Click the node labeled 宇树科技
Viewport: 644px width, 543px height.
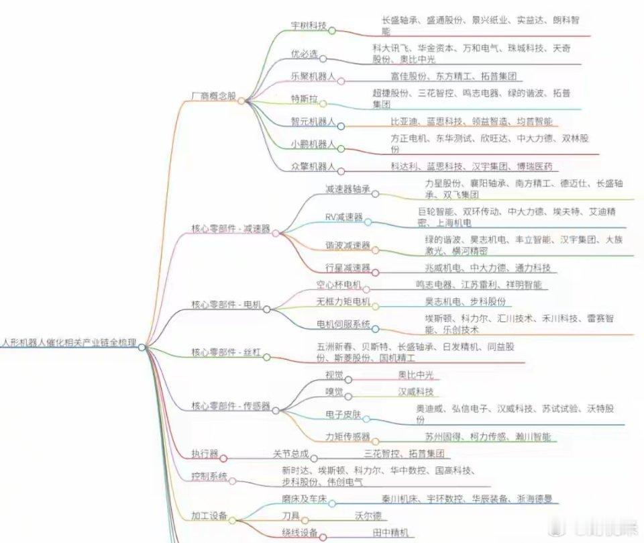[x=308, y=26]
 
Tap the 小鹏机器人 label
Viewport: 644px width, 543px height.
[x=312, y=144]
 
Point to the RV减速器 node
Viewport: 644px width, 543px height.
[x=343, y=217]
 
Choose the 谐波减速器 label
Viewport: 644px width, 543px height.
[x=347, y=246]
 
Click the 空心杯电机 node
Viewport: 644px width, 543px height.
[x=339, y=285]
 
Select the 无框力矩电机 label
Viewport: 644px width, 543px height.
[x=343, y=302]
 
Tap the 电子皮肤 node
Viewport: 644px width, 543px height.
[x=343, y=414]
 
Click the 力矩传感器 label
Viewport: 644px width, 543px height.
[x=347, y=437]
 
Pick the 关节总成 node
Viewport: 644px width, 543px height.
[x=290, y=454]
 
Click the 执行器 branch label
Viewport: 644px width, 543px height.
[x=204, y=454]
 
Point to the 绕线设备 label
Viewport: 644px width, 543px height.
[x=299, y=534]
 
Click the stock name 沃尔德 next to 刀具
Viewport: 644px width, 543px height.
[x=368, y=516]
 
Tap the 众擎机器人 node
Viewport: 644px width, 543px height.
[x=312, y=166]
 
